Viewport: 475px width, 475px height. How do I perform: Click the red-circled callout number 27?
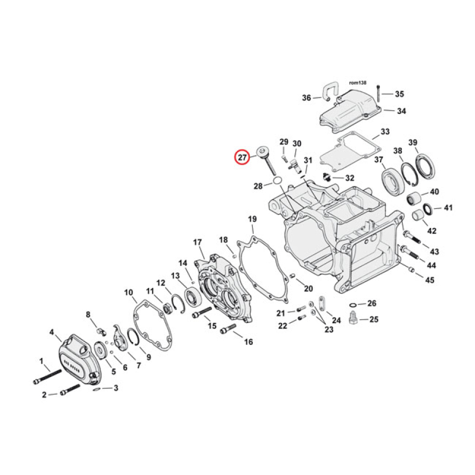click(242, 158)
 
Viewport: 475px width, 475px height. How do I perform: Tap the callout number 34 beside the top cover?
click(401, 111)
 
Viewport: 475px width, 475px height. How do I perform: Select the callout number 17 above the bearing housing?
click(198, 242)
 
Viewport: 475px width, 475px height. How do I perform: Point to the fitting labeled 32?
click(326, 176)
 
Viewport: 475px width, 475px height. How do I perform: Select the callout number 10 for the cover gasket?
click(128, 292)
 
